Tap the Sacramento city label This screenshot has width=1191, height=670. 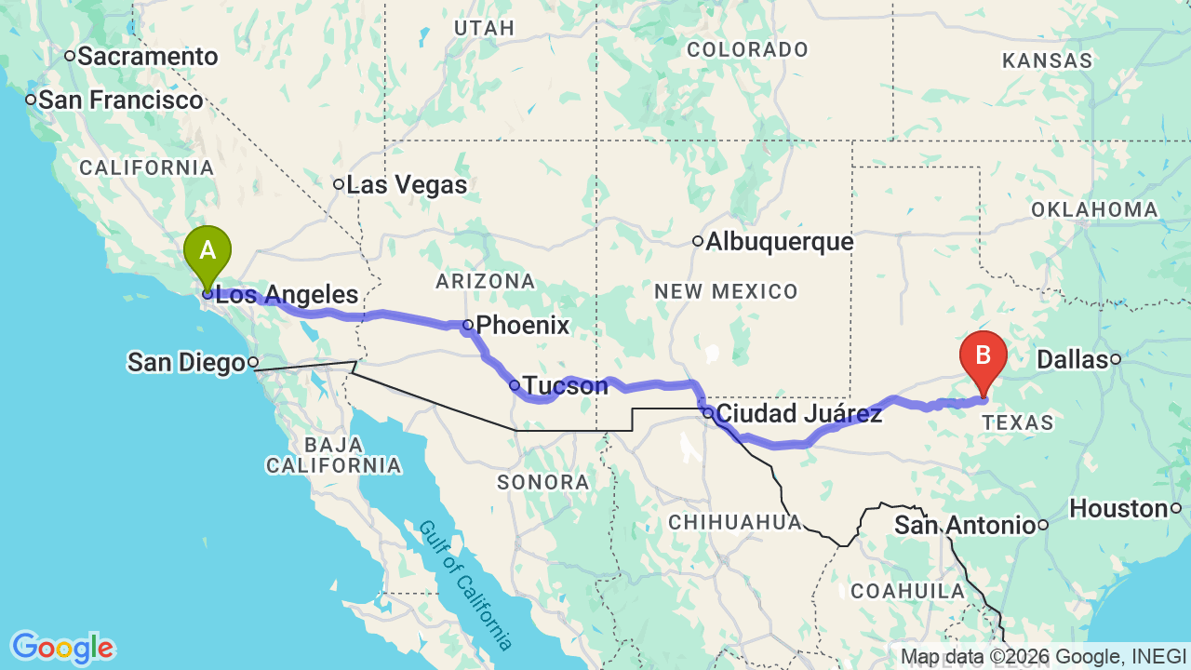pyautogui.click(x=147, y=57)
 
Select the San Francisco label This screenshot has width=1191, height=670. pyautogui.click(x=120, y=100)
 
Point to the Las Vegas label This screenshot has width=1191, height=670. pyautogui.click(x=407, y=184)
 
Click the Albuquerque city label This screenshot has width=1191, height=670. pyautogui.click(x=779, y=242)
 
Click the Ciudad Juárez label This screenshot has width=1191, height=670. pyautogui.click(x=799, y=413)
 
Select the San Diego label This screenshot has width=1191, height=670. pyautogui.click(x=186, y=362)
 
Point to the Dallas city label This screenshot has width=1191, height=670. pyautogui.click(x=1072, y=359)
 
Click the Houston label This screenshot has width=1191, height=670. pyautogui.click(x=1118, y=508)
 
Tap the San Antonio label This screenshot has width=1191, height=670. pyautogui.click(x=965, y=525)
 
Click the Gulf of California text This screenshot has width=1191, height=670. pyautogui.click(x=465, y=584)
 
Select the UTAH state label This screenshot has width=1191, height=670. pyautogui.click(x=484, y=28)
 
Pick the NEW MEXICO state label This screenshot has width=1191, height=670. pyautogui.click(x=726, y=292)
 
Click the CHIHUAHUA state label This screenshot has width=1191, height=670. pyautogui.click(x=735, y=522)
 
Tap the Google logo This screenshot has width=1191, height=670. pyautogui.click(x=62, y=648)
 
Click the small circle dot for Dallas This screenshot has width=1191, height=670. pyautogui.click(x=1115, y=359)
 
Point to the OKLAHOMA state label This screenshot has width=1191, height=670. pyautogui.click(x=1094, y=209)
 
